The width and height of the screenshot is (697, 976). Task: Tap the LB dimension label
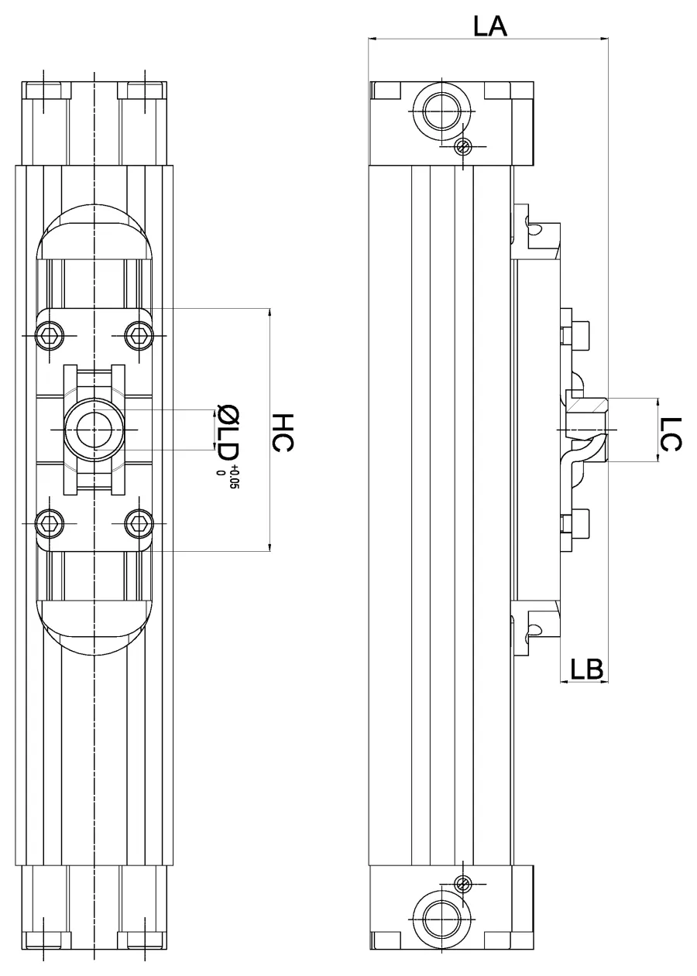(586, 669)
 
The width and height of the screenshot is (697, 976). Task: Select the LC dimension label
(671, 434)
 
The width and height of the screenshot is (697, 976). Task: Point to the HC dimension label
(283, 433)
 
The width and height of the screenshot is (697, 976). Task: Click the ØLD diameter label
(228, 436)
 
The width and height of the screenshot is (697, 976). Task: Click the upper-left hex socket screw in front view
(50, 336)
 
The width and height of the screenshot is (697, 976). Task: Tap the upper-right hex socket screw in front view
(139, 336)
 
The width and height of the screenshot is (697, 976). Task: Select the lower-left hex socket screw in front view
(50, 523)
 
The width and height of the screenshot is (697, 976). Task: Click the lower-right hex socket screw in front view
(139, 523)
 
